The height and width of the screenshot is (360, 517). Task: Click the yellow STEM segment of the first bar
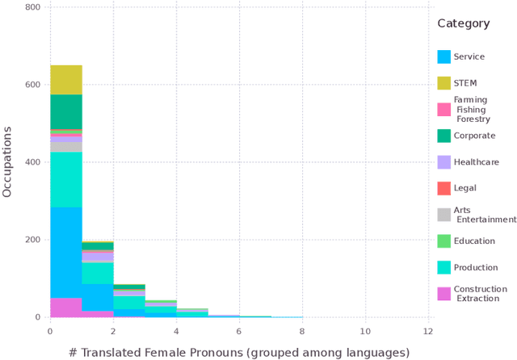(x=66, y=80)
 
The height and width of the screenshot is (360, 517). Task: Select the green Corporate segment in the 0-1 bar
(x=66, y=111)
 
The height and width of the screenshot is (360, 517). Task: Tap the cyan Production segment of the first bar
(x=66, y=179)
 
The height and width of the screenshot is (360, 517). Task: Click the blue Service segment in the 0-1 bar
(x=66, y=253)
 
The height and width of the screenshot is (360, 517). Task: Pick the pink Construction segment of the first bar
(x=66, y=308)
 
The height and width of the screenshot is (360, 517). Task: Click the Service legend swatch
(x=443, y=57)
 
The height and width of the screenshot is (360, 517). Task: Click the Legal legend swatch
(x=443, y=188)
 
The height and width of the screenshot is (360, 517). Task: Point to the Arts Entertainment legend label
(x=483, y=215)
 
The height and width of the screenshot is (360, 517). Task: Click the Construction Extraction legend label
(x=480, y=294)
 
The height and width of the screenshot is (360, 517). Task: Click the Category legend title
(x=464, y=23)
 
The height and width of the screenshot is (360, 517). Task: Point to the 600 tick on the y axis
(x=36, y=85)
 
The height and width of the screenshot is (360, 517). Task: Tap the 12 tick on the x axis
(x=428, y=331)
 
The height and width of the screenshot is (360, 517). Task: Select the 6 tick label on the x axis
(x=239, y=331)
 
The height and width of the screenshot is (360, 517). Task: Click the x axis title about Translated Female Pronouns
(x=238, y=352)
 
